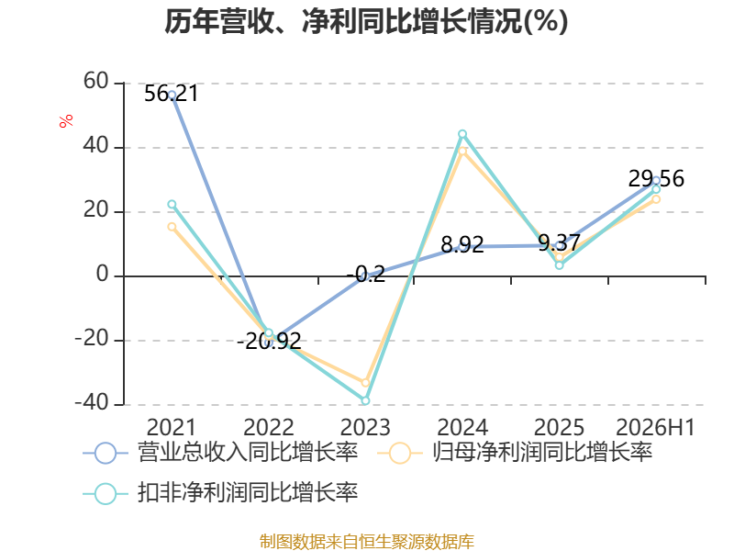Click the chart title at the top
[366, 21]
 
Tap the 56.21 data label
[172, 94]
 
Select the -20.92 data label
[269, 341]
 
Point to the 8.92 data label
[462, 244]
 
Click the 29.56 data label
[656, 178]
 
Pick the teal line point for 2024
[462, 134]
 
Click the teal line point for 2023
[365, 400]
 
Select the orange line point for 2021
[172, 227]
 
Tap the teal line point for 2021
[172, 204]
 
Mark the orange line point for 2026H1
[656, 199]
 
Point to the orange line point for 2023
[365, 383]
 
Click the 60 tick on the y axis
[96, 82]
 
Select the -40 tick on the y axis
[92, 403]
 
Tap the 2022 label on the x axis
[269, 427]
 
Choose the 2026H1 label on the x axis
[655, 427]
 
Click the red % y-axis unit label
[66, 120]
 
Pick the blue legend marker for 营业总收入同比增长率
[106, 453]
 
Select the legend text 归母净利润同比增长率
[542, 452]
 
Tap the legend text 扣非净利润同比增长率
[248, 492]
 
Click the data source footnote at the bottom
[367, 541]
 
